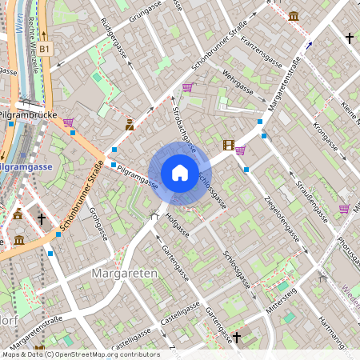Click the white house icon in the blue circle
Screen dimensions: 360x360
180,173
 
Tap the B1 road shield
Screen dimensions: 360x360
46,49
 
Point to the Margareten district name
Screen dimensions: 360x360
124,274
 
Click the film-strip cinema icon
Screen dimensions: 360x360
230,146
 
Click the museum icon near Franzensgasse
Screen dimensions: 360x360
294,15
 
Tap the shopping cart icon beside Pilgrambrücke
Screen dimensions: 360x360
68,122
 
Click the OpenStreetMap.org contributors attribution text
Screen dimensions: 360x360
107,354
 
